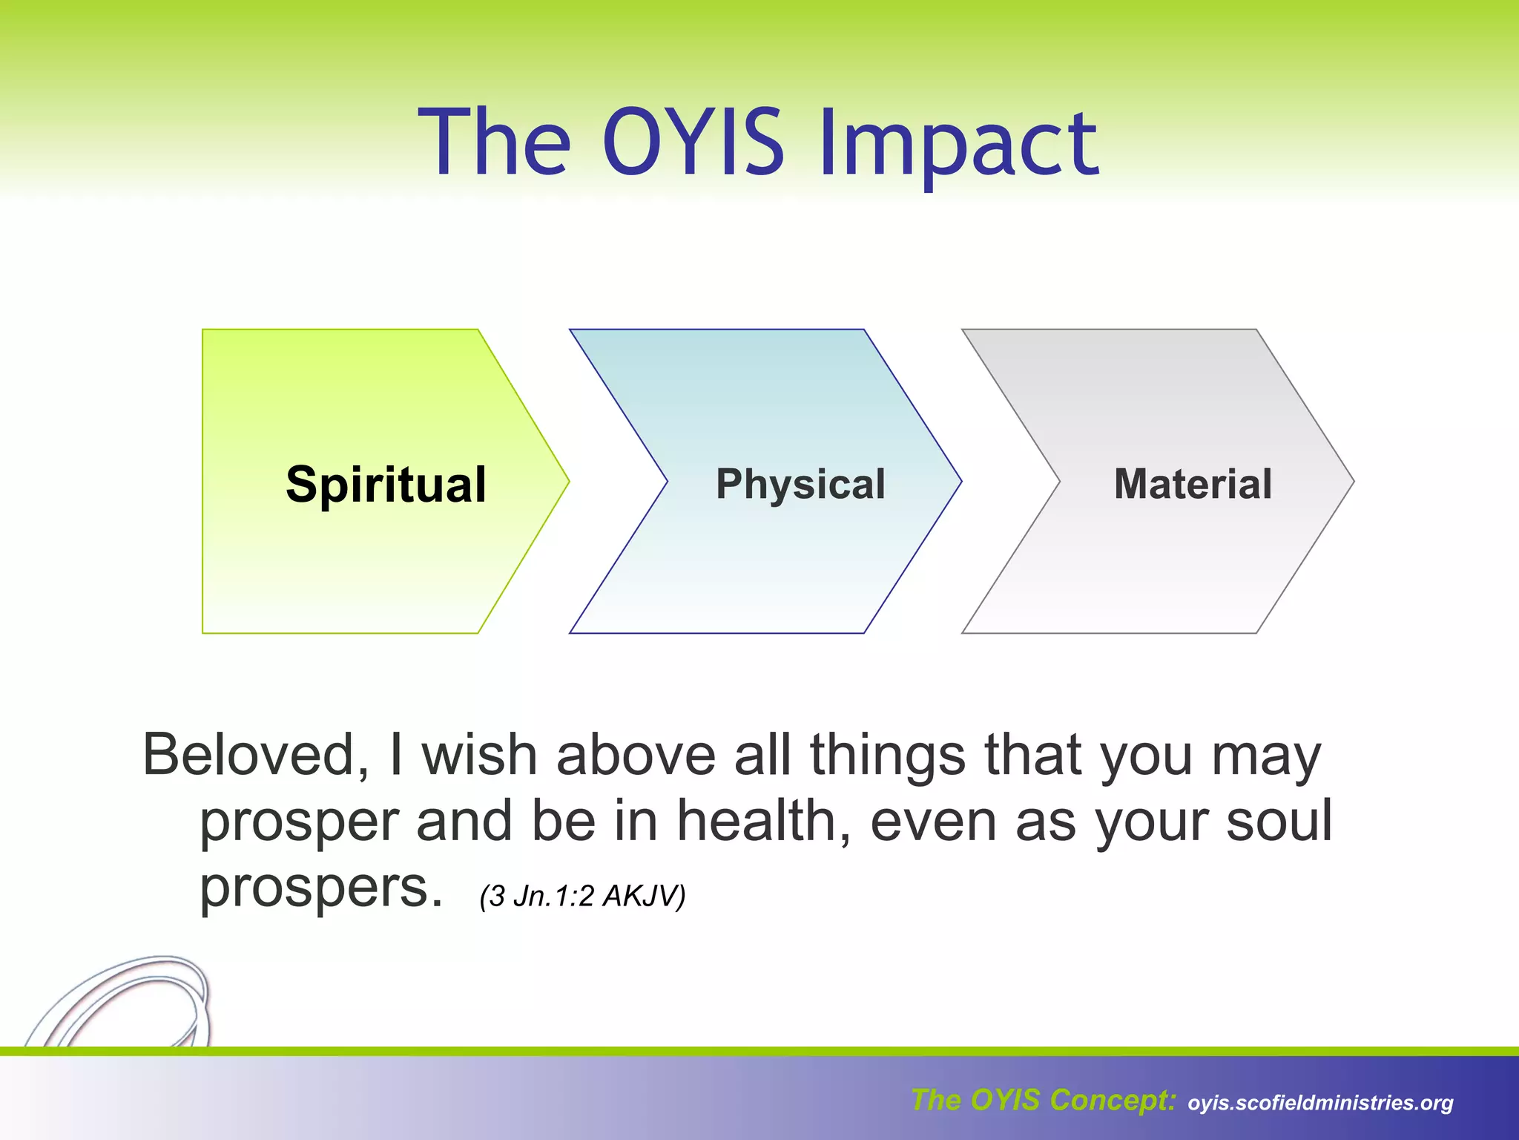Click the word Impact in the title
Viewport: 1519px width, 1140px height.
click(x=958, y=145)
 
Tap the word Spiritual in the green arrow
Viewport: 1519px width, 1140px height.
click(x=386, y=485)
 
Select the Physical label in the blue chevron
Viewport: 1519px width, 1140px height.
click(x=800, y=485)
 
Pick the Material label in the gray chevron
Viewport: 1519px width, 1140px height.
click(x=1193, y=484)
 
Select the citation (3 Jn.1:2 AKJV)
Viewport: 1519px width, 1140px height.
click(x=582, y=896)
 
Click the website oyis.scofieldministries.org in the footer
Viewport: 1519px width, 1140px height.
click(x=1320, y=1103)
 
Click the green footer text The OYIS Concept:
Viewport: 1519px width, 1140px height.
click(x=1043, y=1100)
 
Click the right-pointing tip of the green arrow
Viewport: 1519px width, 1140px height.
click(x=564, y=482)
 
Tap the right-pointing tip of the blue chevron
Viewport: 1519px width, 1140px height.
click(x=957, y=482)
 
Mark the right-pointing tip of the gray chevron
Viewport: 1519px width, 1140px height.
click(x=1349, y=482)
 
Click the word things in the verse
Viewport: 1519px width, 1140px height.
click(x=887, y=755)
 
